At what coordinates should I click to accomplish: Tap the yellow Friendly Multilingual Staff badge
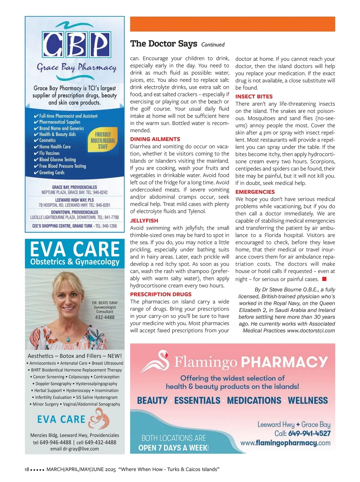[103, 141]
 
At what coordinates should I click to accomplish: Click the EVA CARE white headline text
[75, 249]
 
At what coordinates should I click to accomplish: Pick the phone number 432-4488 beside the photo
[105, 317]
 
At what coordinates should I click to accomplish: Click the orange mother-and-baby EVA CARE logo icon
[99, 419]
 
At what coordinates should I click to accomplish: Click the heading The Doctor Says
[163, 44]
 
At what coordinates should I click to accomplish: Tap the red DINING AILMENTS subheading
[155, 139]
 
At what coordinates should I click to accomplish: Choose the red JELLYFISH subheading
[144, 221]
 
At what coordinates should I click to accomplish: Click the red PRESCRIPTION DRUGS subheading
[160, 294]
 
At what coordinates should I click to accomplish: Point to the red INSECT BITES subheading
[254, 97]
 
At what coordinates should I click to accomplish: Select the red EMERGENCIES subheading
[255, 192]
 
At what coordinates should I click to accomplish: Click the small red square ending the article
[324, 279]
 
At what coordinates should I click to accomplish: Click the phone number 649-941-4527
[309, 434]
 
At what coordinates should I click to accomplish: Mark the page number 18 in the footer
[27, 469]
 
